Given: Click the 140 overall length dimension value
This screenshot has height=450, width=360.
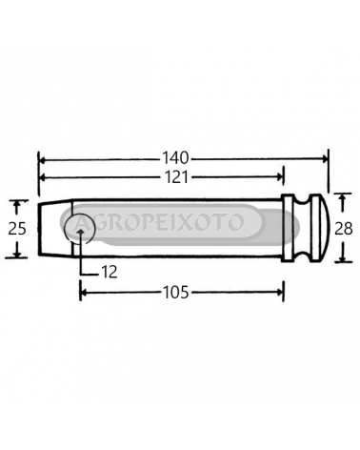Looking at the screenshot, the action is [x=175, y=157].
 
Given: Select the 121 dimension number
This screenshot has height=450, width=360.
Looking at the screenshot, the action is [x=175, y=177].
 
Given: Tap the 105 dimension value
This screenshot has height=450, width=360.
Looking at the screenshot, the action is [x=175, y=292].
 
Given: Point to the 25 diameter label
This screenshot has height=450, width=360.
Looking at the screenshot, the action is [x=16, y=229].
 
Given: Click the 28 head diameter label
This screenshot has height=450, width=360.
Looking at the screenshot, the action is [x=344, y=229].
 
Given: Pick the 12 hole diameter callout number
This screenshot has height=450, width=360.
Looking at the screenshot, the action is [x=109, y=273].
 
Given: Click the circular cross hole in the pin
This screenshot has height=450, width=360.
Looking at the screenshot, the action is [x=79, y=229].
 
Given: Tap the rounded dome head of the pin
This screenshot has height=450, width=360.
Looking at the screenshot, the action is [x=319, y=228].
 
